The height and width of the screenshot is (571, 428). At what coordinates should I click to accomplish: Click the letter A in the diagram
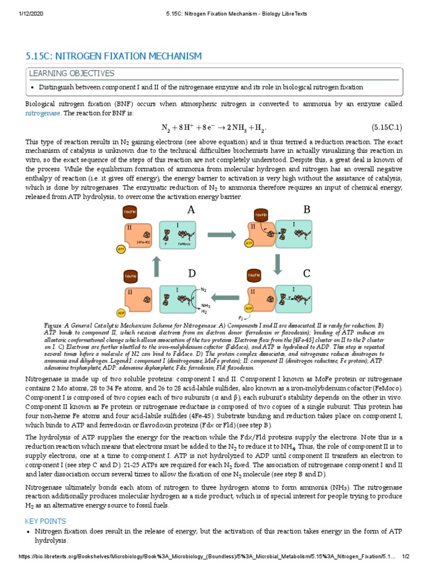(191, 210)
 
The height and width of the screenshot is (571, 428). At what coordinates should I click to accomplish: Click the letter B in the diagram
(307, 210)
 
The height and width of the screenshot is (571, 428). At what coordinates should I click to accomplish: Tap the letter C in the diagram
(307, 273)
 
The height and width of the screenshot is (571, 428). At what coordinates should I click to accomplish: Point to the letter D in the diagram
(192, 273)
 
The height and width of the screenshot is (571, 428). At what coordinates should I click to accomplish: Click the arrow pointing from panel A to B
(225, 235)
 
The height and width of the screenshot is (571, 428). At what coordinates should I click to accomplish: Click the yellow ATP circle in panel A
(120, 250)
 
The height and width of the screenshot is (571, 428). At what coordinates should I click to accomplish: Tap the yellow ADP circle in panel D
(120, 313)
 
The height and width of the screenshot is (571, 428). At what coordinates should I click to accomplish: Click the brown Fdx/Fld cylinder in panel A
(127, 212)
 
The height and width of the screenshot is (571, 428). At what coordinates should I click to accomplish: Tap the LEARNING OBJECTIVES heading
(71, 74)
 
